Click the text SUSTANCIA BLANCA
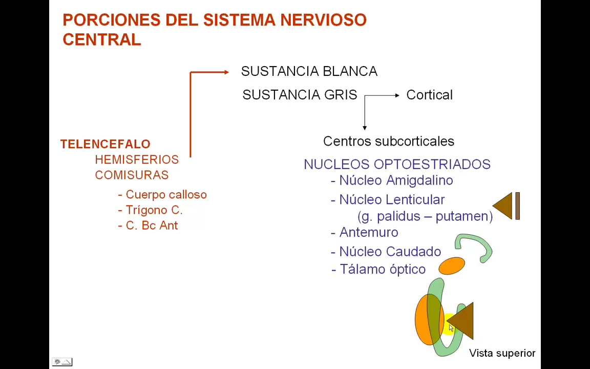click(x=309, y=71)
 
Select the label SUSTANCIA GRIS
click(x=300, y=95)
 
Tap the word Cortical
click(x=429, y=95)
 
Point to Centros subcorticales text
click(x=388, y=141)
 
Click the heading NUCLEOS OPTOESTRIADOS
click(x=397, y=164)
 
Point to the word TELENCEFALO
click(x=105, y=144)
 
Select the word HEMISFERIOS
click(x=137, y=159)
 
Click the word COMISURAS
click(x=132, y=175)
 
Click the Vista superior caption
click(x=502, y=353)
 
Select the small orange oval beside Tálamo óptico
click(x=452, y=265)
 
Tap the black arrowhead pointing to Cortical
click(x=397, y=95)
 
